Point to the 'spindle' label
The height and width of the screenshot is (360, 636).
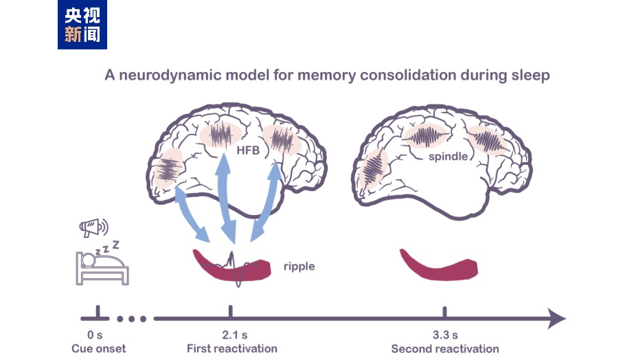448,157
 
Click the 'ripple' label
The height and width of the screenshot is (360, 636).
299,266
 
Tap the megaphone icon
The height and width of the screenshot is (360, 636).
93,227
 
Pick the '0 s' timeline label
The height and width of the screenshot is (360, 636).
96,335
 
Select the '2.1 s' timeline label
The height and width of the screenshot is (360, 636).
231,335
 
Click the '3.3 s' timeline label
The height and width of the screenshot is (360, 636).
444,335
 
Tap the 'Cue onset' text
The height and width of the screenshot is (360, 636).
99,349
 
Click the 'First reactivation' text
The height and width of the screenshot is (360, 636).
232,349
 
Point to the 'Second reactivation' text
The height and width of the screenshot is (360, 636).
445,349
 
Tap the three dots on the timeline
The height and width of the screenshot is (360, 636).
132,319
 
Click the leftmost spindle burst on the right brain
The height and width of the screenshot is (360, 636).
372,169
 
